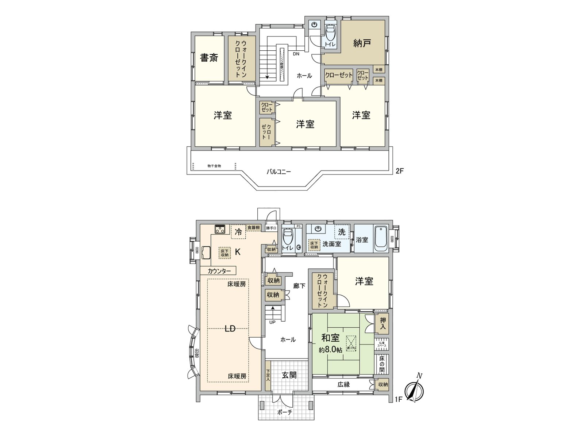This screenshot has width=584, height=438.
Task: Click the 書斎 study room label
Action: point(209,58)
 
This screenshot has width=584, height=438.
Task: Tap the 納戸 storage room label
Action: point(362,43)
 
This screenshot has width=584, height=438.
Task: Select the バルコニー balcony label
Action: point(278,171)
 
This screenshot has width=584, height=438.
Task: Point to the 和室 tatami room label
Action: point(331,338)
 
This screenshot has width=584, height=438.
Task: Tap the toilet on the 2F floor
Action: point(330,32)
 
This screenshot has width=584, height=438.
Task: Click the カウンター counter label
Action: point(219,271)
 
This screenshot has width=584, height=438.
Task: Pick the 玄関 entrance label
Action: point(289,375)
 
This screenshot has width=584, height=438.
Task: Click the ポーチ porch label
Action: point(285,412)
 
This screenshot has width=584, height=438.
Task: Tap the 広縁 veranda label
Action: point(343,384)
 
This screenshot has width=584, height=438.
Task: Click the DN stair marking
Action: point(296,54)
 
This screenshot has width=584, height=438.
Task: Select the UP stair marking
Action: point(272,322)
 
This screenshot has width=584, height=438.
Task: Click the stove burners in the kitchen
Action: point(220,229)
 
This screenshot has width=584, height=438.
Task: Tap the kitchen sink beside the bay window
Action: point(205,253)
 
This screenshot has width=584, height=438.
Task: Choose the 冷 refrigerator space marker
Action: point(238,231)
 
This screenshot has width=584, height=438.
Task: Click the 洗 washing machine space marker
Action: point(342,232)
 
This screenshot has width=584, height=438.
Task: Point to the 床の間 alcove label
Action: point(382,364)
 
